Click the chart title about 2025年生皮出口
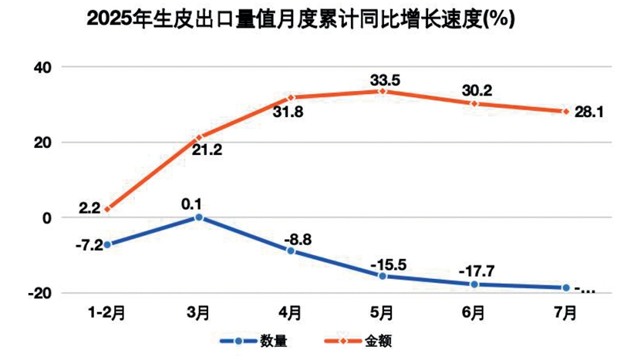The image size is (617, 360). (x=300, y=19)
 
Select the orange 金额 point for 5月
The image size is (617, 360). (x=382, y=91)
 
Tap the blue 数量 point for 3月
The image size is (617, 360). (x=198, y=217)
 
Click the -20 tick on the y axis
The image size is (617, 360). (x=39, y=293)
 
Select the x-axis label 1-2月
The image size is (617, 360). (x=106, y=314)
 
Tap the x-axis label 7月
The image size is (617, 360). (x=565, y=314)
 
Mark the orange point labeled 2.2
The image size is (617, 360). (x=107, y=209)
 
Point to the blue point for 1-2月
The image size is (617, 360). (x=107, y=244)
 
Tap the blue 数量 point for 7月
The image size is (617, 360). (x=565, y=288)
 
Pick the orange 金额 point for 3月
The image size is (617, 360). (x=199, y=137)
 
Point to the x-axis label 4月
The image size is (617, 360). (x=290, y=314)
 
